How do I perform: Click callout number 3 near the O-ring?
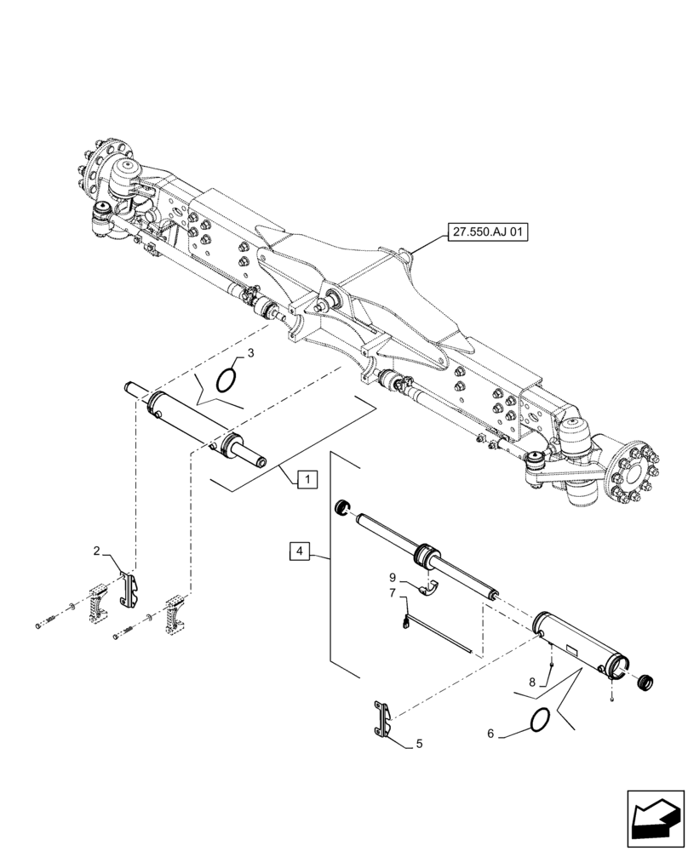tap(250, 352)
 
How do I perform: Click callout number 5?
tap(419, 744)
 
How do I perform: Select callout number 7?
tap(394, 592)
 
